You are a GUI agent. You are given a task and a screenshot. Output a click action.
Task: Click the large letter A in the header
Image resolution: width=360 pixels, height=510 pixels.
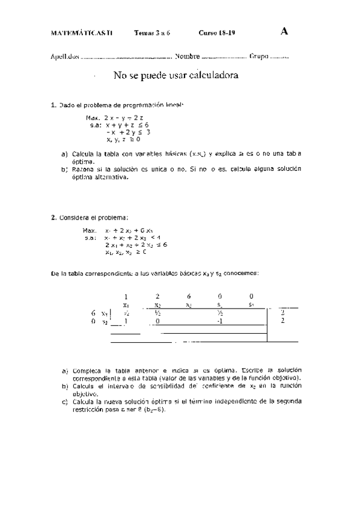tap(284, 32)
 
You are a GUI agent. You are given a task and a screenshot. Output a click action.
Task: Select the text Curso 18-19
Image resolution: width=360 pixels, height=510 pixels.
tap(217, 33)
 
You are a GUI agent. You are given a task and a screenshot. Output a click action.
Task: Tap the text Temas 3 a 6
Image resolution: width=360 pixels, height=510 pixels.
tap(153, 33)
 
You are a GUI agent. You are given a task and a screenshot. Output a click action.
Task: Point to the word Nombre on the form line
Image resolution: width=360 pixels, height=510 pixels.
tap(188, 58)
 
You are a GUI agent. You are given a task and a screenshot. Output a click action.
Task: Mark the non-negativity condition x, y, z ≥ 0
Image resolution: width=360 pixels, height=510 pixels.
tap(123, 140)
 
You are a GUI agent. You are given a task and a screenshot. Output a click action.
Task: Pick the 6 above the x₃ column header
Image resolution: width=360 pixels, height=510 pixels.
tap(189, 296)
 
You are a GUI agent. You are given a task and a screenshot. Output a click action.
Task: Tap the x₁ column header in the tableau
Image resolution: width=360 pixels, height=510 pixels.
tap(126, 305)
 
